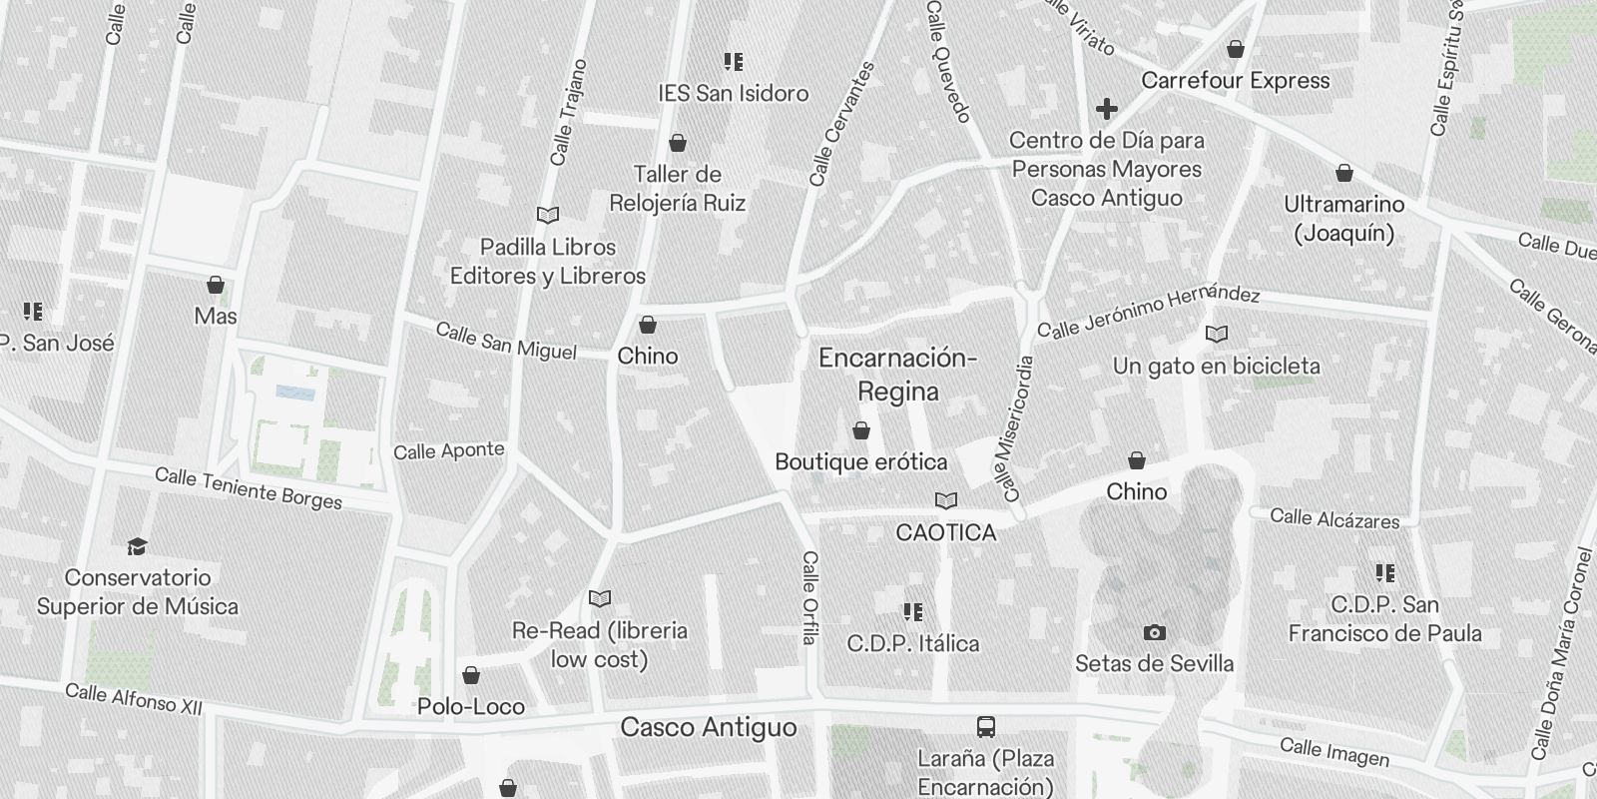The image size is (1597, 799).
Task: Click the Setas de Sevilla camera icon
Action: click(x=1154, y=632)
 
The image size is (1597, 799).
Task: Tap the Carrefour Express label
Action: click(x=1235, y=81)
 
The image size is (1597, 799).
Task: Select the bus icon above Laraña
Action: click(x=986, y=726)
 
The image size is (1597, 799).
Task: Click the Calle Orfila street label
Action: click(x=809, y=597)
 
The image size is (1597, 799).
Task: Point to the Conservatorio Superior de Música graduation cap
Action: click(x=137, y=546)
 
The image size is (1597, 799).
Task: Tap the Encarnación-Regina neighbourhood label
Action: click(x=897, y=375)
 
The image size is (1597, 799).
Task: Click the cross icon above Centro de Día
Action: click(x=1106, y=108)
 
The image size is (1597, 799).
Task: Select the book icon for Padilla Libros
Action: click(x=548, y=215)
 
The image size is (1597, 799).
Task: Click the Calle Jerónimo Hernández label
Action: click(x=1148, y=312)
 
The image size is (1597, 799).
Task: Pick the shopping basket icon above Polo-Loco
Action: click(x=471, y=676)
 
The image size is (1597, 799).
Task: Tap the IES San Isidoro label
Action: click(x=734, y=94)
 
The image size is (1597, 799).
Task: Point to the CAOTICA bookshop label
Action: click(x=945, y=532)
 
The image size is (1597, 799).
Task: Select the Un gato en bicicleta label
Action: click(x=1216, y=367)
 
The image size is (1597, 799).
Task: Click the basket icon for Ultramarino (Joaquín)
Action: click(x=1344, y=174)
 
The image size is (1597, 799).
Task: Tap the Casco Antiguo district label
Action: click(x=709, y=727)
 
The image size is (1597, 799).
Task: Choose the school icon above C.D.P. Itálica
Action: click(x=912, y=611)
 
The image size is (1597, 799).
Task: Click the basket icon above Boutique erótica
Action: click(x=861, y=430)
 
